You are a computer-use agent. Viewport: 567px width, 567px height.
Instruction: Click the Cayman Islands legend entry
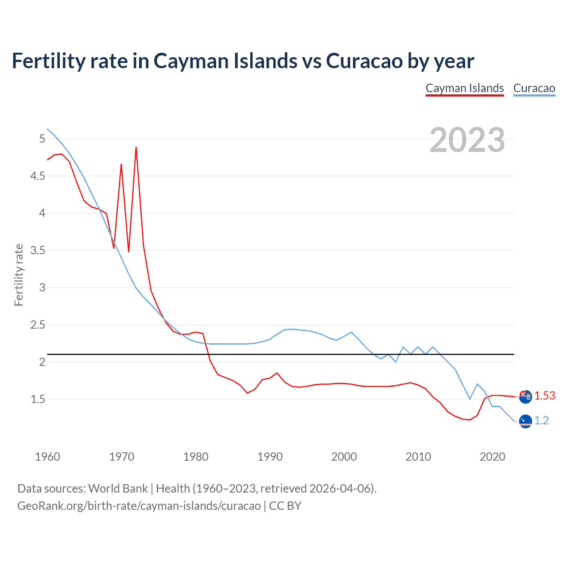464,88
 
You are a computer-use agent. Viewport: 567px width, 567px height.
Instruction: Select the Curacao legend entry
534,88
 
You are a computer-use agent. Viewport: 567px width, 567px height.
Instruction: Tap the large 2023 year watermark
467,140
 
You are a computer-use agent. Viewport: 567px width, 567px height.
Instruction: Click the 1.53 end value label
544,396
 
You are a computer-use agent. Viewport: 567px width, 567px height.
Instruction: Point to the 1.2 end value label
541,420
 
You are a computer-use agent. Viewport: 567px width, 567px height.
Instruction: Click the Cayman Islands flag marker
525,396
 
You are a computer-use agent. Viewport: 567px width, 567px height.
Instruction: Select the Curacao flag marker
525,421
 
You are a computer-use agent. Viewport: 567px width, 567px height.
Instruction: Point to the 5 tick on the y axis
42,139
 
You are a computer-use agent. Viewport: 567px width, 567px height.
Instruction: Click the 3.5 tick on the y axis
38,251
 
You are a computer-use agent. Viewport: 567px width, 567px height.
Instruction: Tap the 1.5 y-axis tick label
38,400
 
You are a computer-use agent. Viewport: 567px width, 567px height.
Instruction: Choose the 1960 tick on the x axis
47,457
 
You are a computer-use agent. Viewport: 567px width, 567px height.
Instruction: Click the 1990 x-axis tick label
270,457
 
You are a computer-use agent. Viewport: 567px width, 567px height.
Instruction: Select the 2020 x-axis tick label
492,457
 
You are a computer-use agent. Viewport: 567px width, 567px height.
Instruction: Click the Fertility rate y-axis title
19,275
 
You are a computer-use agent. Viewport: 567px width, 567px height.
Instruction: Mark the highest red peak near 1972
136,147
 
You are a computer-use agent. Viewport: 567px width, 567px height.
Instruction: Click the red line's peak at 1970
121,164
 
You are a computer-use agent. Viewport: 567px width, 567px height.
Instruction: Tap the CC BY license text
285,506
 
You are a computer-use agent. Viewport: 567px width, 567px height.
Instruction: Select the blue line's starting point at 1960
47,129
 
